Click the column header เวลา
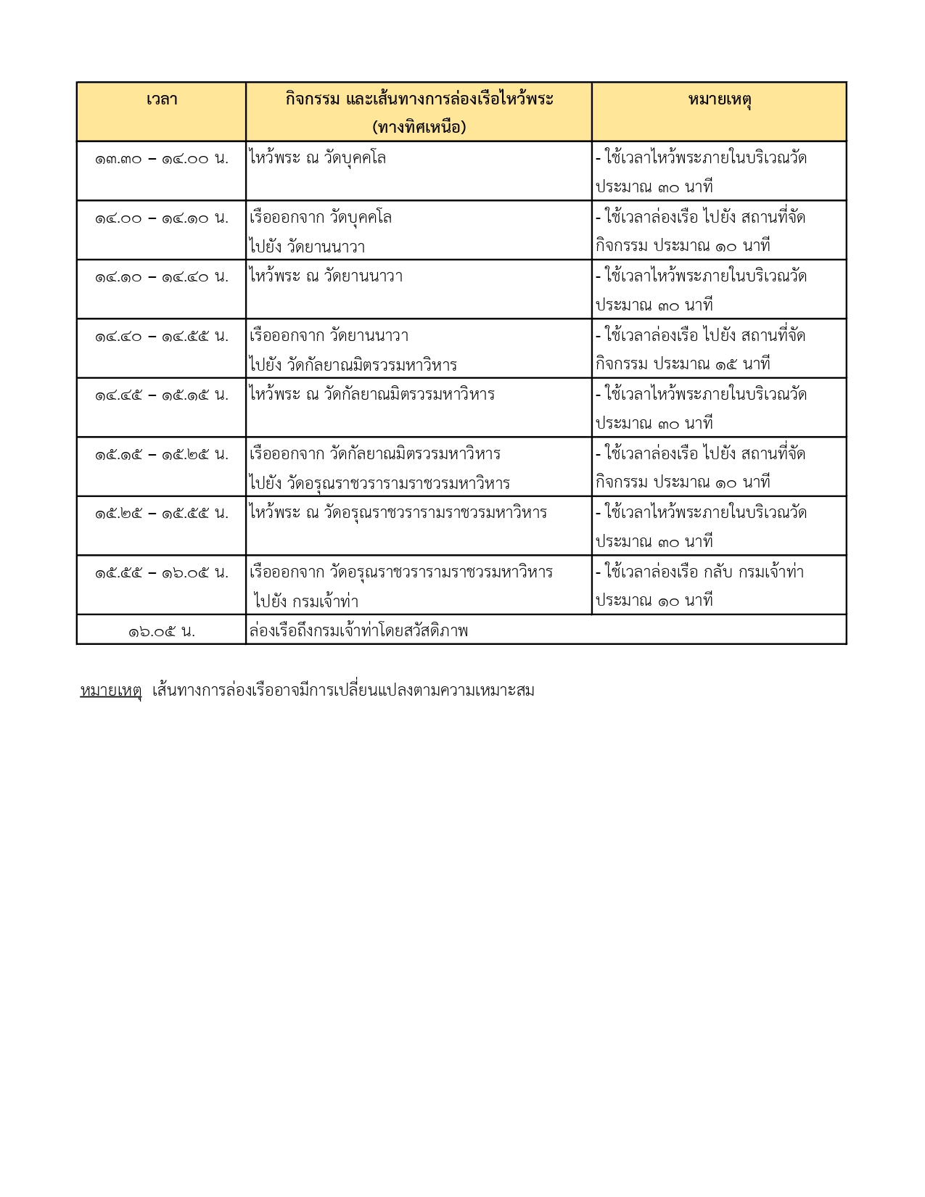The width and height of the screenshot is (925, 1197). (x=161, y=99)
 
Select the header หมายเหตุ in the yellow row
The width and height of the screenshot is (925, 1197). (x=719, y=99)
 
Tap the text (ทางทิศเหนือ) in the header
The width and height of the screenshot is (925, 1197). (x=419, y=128)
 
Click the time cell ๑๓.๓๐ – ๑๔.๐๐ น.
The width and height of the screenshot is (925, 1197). (x=161, y=158)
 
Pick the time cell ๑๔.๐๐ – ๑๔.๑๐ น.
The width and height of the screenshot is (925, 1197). (x=161, y=218)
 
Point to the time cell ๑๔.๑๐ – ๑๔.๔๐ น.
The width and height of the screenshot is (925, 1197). (x=161, y=276)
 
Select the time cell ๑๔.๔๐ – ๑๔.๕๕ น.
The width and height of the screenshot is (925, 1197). (x=161, y=336)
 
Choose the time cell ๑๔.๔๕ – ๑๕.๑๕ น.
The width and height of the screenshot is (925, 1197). (x=161, y=395)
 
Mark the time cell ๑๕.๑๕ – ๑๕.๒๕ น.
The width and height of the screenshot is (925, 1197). (x=161, y=454)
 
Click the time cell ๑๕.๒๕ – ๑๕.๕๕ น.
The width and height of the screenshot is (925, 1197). (x=161, y=513)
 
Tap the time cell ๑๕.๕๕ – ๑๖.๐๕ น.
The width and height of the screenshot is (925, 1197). (x=161, y=572)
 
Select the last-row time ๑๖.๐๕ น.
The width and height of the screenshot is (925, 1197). (x=161, y=631)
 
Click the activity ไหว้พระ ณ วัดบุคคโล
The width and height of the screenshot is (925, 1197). (x=318, y=158)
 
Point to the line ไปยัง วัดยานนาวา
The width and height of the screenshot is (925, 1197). (x=308, y=247)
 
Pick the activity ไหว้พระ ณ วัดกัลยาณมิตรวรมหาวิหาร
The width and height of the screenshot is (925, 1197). (x=372, y=395)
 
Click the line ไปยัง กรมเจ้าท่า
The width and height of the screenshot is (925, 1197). (x=306, y=601)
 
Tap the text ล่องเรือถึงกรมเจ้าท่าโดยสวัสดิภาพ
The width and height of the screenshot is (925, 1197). (x=358, y=631)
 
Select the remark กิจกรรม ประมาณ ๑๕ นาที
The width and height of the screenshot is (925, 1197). (x=683, y=364)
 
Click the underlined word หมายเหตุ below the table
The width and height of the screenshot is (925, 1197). (x=110, y=691)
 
